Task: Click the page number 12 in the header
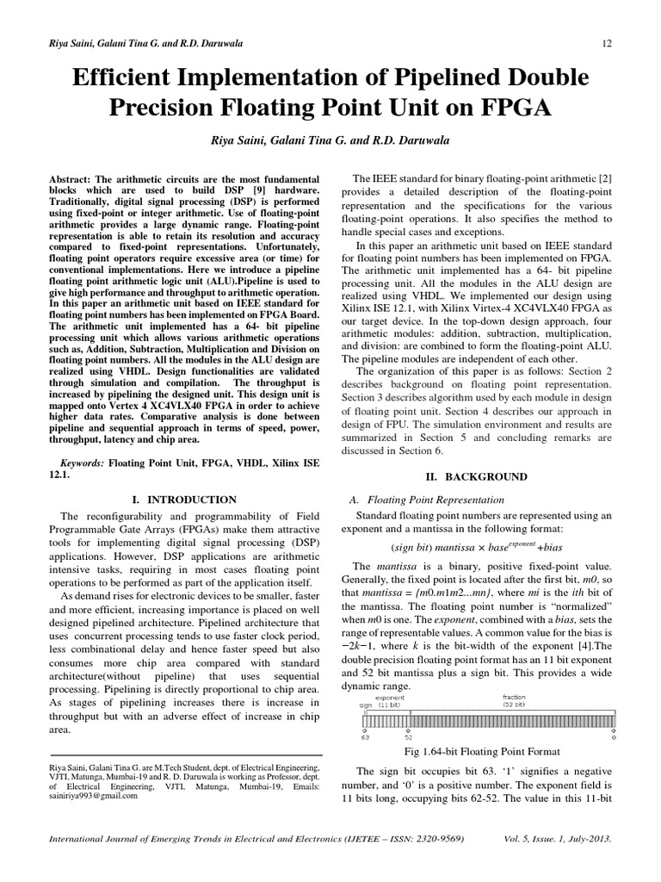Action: pyautogui.click(x=606, y=43)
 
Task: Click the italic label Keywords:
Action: pyautogui.click(x=80, y=463)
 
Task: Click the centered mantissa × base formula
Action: pyautogui.click(x=476, y=547)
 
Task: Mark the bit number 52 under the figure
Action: pyautogui.click(x=410, y=737)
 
